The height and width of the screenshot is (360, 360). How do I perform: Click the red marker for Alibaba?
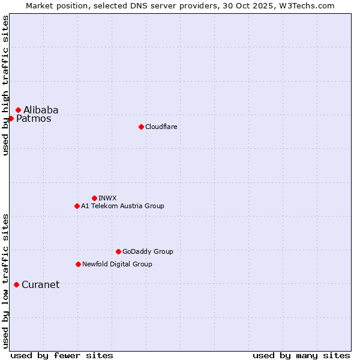coord(18,110)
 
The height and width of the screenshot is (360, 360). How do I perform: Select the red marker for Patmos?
coord(11,118)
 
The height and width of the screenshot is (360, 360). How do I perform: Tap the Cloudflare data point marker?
coord(141,127)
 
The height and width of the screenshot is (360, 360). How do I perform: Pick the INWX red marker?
coord(94,198)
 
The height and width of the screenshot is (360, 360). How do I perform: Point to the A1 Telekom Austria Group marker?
coord(77,206)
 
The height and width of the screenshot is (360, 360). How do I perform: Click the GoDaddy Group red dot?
coord(118,251)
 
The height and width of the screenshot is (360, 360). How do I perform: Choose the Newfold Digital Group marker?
coord(78,264)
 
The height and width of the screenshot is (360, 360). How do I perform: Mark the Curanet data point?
coord(16,284)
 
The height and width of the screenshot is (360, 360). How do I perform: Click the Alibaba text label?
coord(41,110)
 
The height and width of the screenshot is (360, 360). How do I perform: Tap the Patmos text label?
coord(34,119)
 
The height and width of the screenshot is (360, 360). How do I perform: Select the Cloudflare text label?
coord(161,127)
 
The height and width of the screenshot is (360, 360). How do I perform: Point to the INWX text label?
coord(107,198)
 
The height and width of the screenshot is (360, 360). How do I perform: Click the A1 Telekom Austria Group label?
coord(122,206)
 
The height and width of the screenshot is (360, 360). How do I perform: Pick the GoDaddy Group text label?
coord(148,251)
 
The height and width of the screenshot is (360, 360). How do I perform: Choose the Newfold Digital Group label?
coord(117,264)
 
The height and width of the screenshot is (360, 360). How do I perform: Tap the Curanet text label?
coord(40,285)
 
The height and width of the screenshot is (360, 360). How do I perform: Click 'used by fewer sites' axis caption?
coord(62,355)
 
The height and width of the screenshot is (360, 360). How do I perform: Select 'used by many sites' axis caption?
coord(301,355)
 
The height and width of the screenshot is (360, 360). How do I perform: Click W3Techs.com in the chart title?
coord(310,5)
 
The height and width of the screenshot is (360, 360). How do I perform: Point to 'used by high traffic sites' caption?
coord(6,85)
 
